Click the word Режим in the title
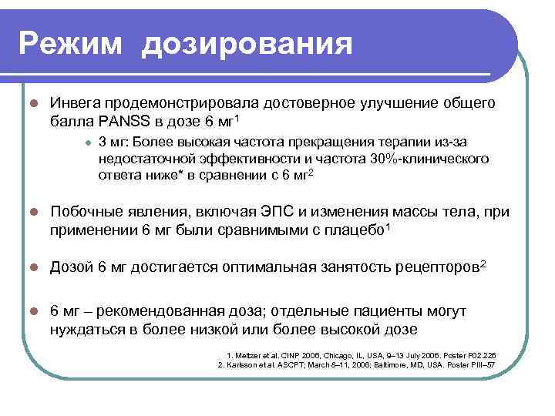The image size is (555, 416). (x=69, y=43)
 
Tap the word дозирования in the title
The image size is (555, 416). (x=247, y=43)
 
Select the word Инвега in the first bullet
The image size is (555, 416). (x=74, y=103)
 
